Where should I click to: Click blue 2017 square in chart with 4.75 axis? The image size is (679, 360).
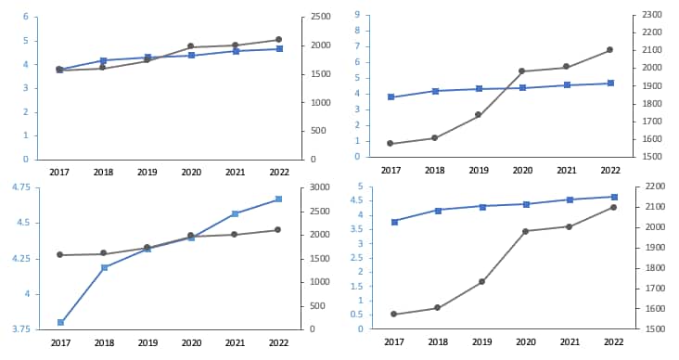(60, 322)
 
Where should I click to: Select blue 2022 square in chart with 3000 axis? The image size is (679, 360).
(277, 199)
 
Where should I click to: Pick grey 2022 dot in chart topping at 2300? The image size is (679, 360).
(609, 50)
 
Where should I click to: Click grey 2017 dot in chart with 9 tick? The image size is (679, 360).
(391, 144)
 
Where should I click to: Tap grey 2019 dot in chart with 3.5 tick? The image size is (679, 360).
(482, 281)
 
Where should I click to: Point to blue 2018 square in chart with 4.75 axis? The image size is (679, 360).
(104, 267)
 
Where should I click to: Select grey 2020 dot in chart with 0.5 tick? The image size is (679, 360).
(526, 231)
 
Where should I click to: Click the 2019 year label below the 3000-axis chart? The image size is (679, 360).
(147, 343)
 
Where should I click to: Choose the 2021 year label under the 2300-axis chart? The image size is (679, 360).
(566, 171)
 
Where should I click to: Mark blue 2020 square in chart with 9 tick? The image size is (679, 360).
(523, 88)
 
